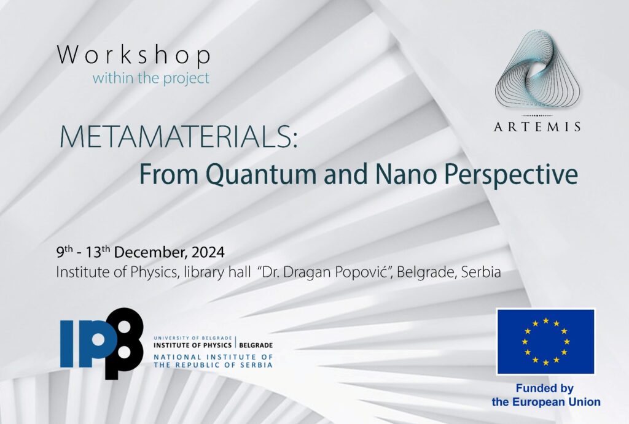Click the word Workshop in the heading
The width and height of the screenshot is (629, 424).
point(133,55)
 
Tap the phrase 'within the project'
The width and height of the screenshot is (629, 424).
point(151,78)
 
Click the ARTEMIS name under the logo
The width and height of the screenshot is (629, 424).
point(537,127)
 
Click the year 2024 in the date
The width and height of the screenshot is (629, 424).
point(208,252)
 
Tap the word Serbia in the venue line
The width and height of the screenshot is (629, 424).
point(481,272)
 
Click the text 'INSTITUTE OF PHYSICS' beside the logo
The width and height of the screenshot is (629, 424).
point(192,345)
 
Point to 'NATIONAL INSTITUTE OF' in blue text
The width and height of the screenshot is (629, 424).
point(213,357)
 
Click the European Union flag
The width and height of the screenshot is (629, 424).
point(545,341)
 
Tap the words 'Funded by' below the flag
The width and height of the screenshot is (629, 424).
point(545,388)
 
